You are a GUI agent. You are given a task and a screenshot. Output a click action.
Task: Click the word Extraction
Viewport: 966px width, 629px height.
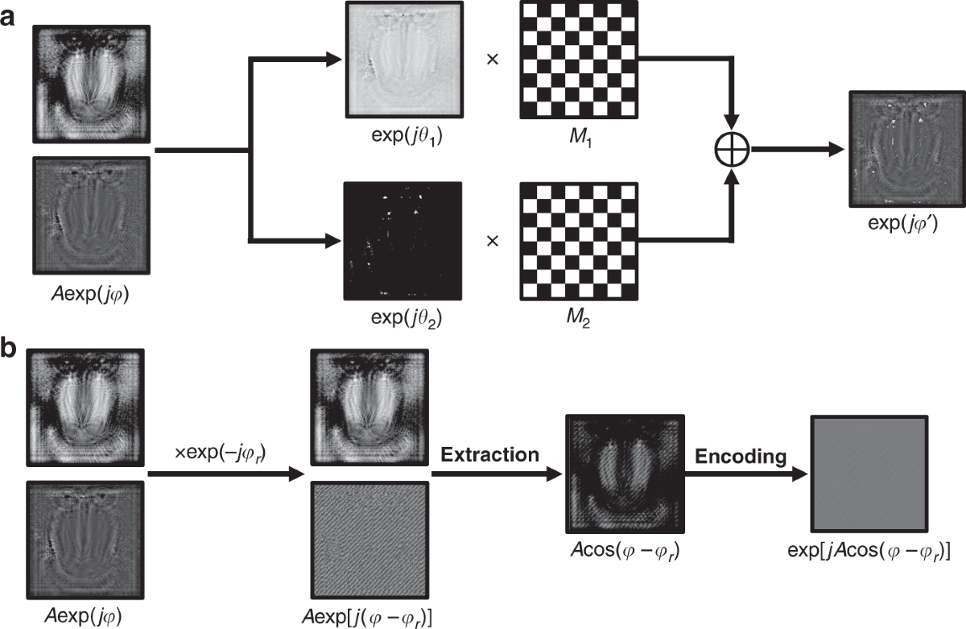click(489, 455)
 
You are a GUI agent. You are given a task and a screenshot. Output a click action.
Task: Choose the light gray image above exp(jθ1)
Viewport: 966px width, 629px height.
click(402, 61)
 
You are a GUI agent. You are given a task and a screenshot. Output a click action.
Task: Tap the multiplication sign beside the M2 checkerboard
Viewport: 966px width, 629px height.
click(492, 241)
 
